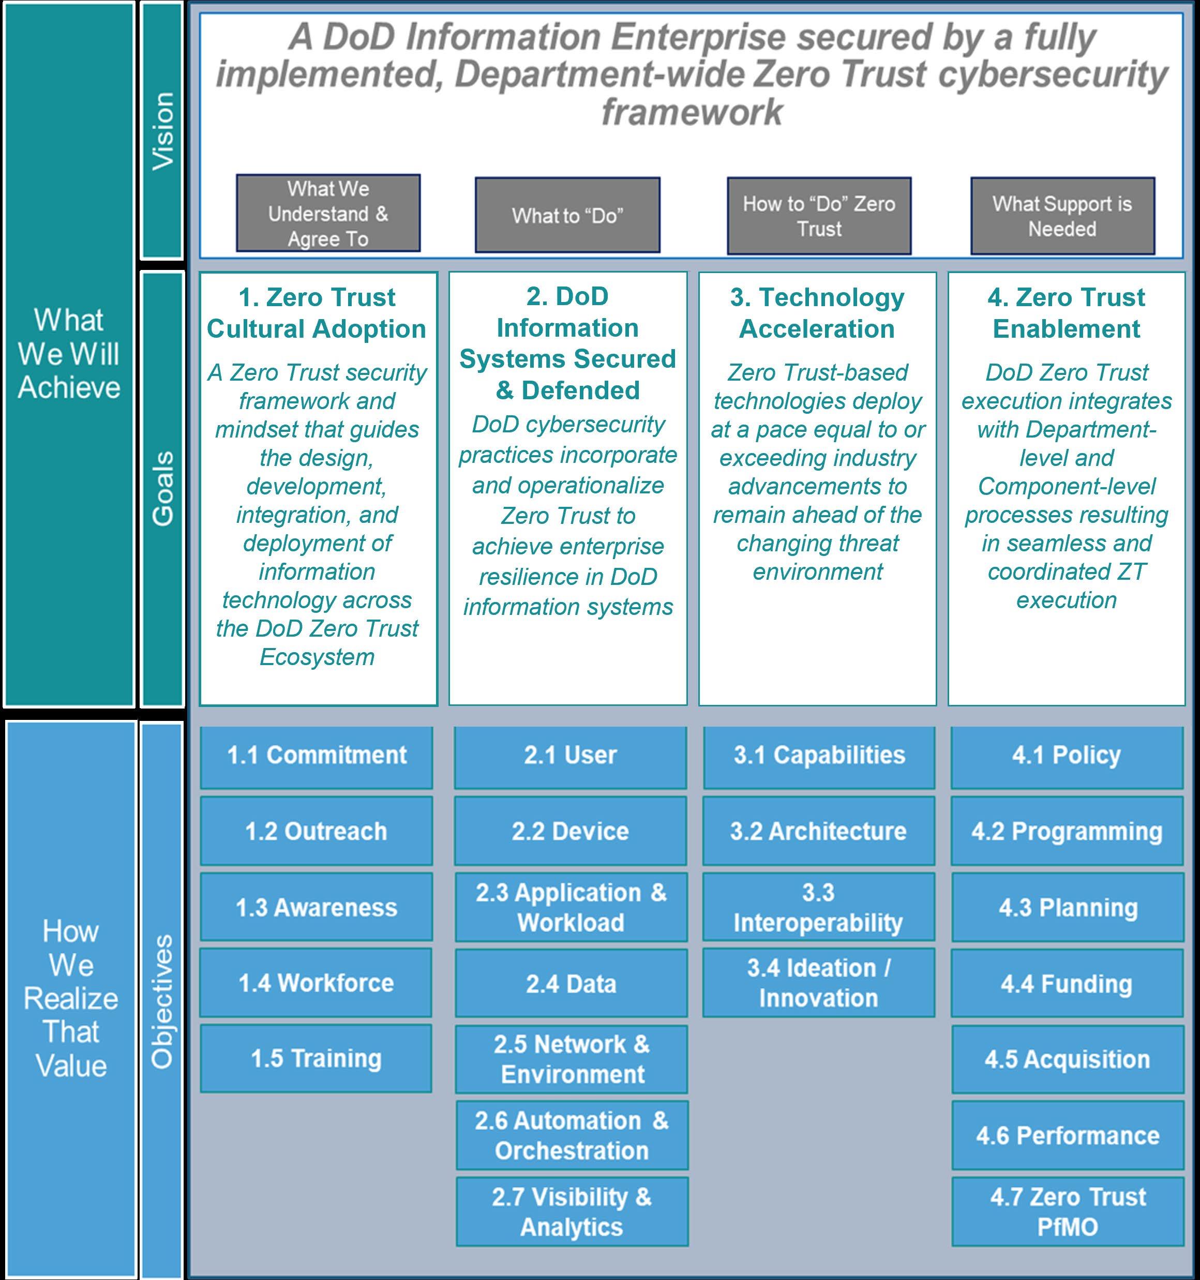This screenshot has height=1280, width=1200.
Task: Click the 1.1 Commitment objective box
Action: (316, 757)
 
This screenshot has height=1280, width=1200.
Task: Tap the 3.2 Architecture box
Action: (818, 831)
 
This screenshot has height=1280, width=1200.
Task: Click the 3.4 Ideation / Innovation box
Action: (818, 983)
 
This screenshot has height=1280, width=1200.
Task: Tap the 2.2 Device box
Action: (570, 831)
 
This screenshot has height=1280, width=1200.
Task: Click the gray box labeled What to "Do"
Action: (567, 215)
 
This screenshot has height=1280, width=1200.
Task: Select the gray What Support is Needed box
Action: (1062, 216)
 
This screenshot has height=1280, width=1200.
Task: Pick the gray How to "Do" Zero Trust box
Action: (819, 216)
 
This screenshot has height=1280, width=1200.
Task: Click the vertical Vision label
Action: (162, 131)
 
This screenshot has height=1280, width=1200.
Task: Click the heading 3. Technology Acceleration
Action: (817, 313)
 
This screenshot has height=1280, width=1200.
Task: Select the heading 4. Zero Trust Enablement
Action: (1066, 313)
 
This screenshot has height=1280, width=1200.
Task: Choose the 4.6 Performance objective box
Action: (1067, 1136)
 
